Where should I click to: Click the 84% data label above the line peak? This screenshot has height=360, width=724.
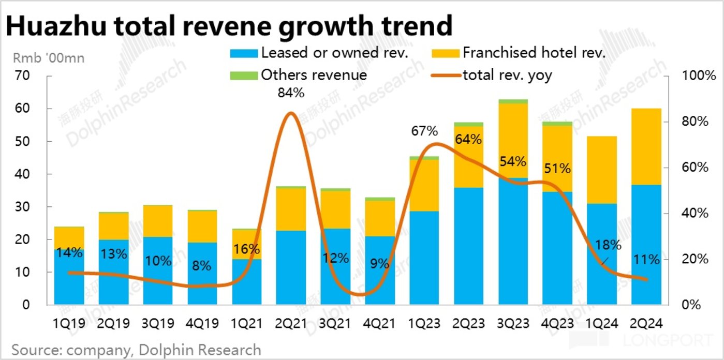tap(291, 94)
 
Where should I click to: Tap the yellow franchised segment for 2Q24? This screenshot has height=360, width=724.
tap(646, 146)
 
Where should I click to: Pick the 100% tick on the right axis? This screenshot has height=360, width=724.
tap(693, 76)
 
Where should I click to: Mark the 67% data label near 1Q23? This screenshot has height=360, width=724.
tap(424, 131)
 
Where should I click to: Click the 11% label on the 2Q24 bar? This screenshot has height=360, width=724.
tap(646, 260)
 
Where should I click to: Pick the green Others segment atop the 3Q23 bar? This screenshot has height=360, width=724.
tap(513, 101)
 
